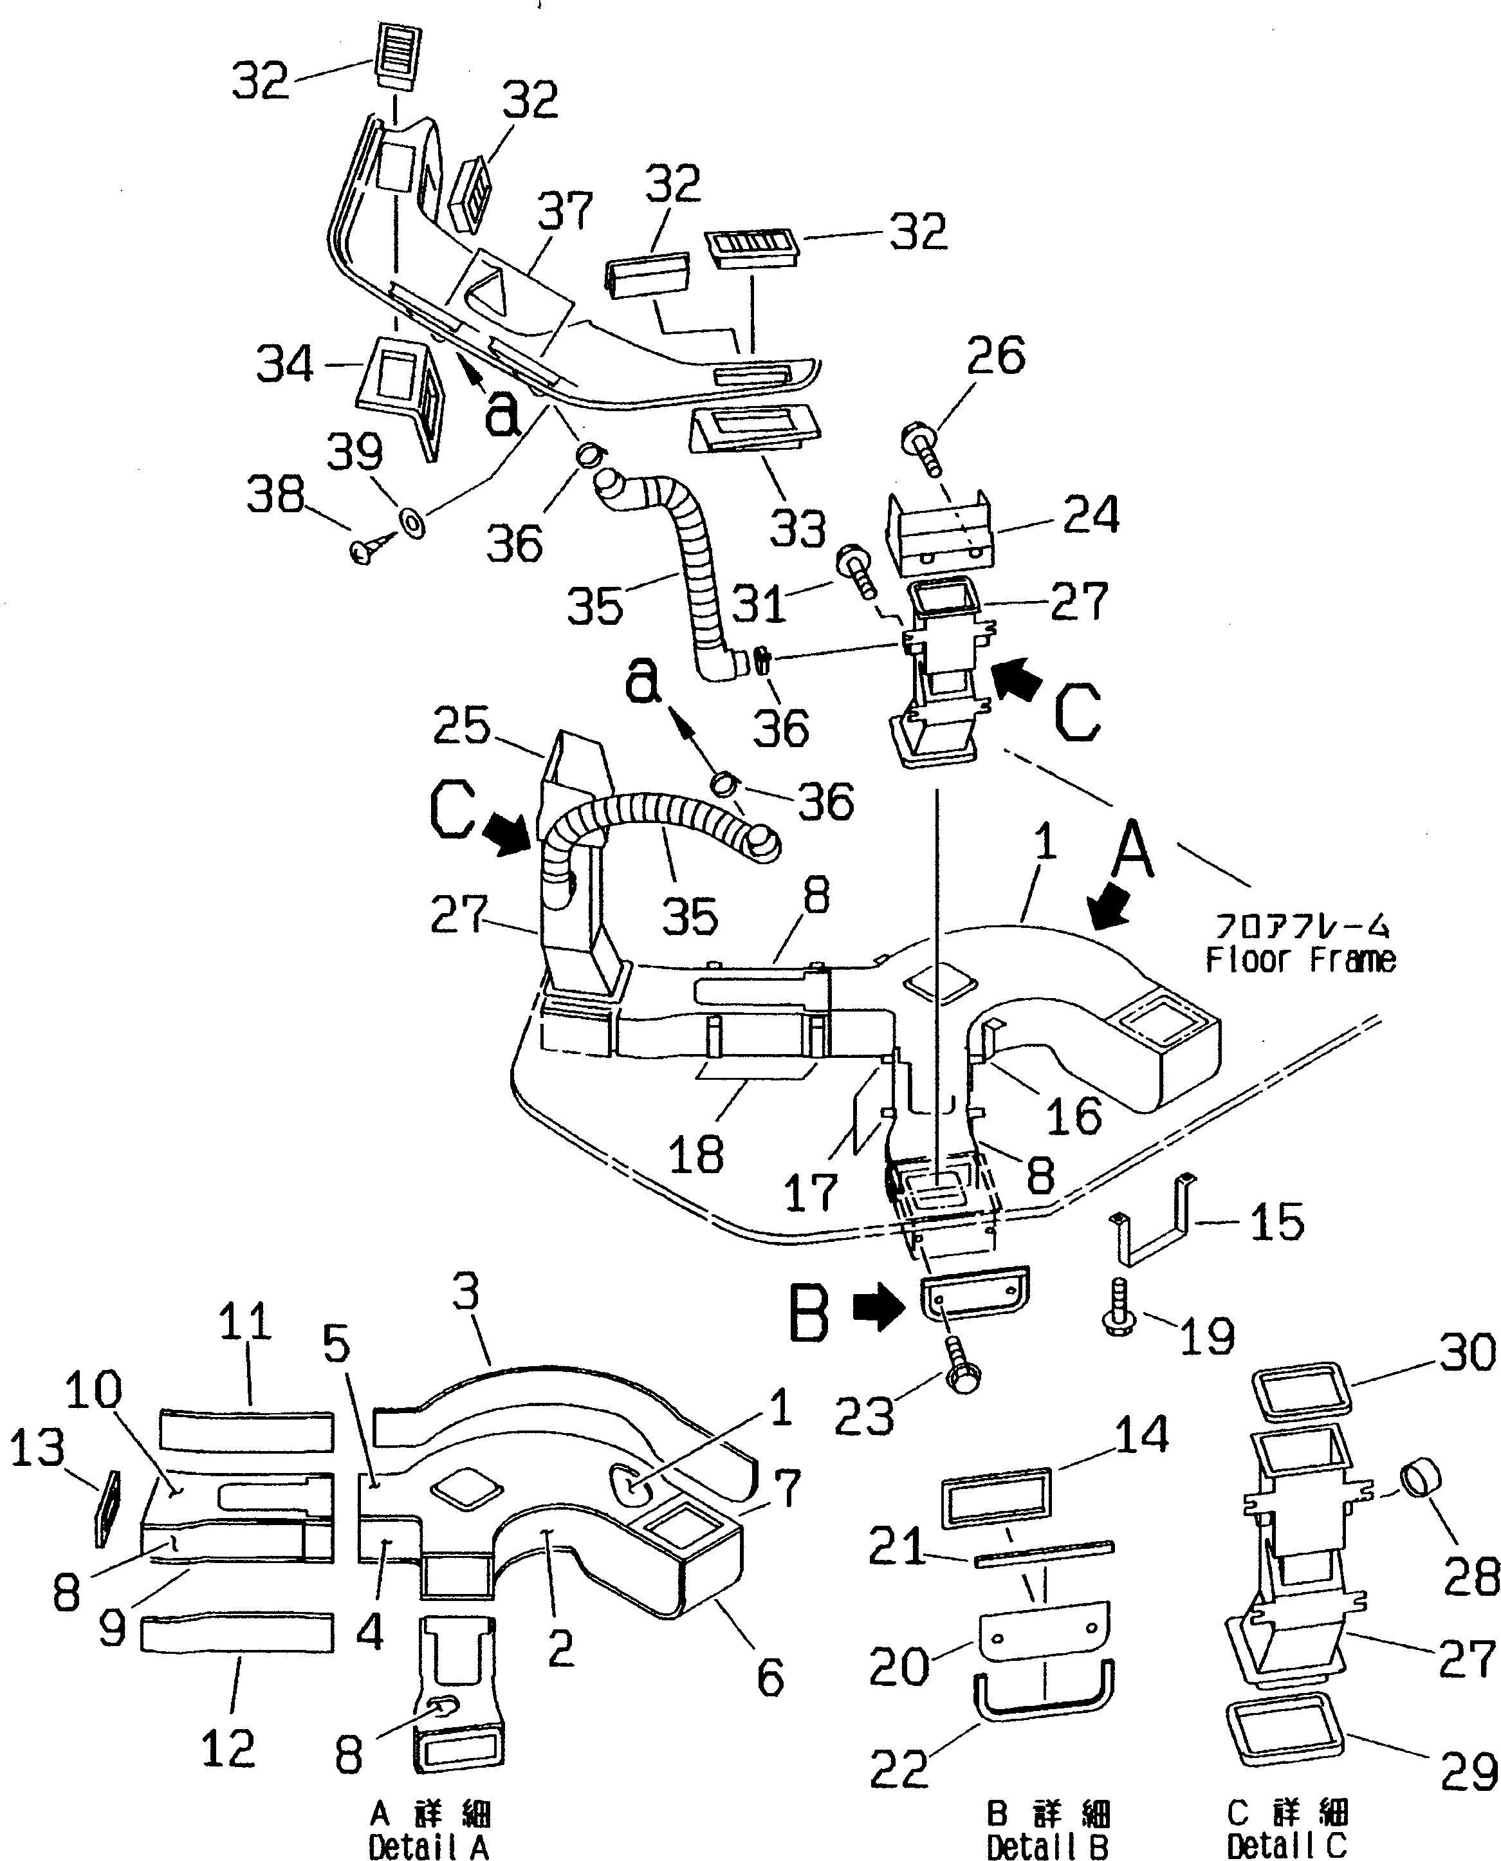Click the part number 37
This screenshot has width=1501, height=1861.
pos(565,211)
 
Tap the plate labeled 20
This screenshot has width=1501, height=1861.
pos(1044,1628)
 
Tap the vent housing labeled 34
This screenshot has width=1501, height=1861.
pos(400,384)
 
